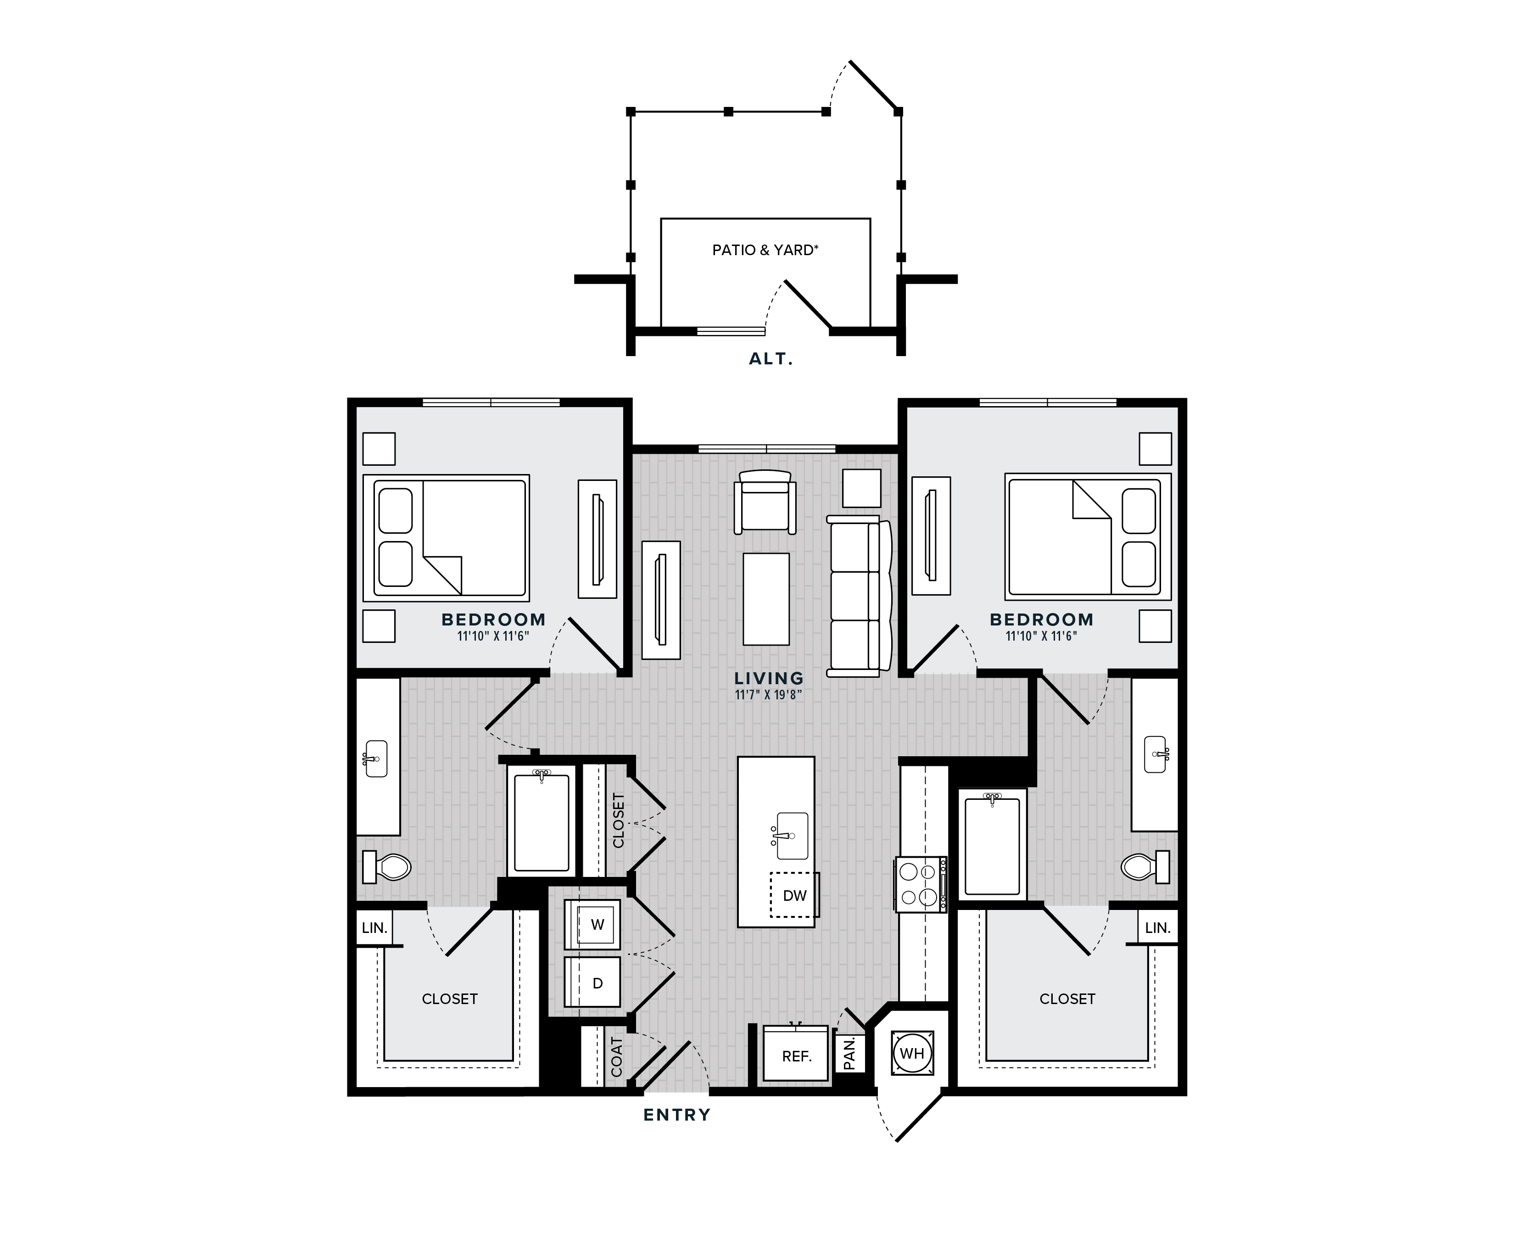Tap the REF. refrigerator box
(x=796, y=1054)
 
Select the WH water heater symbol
(x=912, y=1053)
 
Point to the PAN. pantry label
(x=849, y=1054)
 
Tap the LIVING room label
(x=769, y=678)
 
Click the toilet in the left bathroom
(x=387, y=866)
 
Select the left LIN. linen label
(x=374, y=928)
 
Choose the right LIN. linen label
(x=1157, y=928)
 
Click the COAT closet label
(x=617, y=1057)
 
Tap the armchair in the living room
(x=765, y=502)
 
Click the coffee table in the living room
(x=766, y=599)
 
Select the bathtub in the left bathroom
(x=542, y=821)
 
